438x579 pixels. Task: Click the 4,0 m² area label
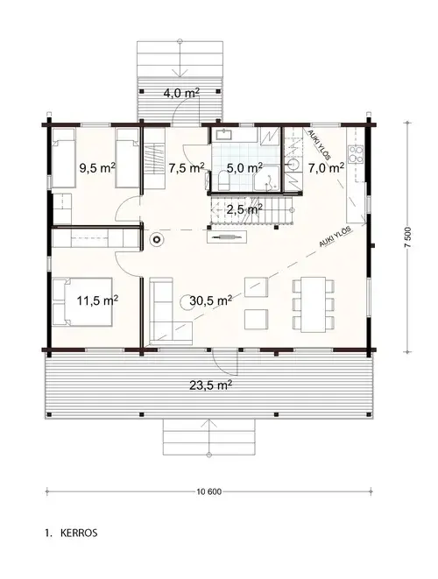coord(180,92)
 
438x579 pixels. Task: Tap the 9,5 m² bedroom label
coord(97,166)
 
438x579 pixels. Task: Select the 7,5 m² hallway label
coord(187,166)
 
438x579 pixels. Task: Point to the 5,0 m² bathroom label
coord(245,166)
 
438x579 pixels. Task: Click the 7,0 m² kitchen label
coord(325,166)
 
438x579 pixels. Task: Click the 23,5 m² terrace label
coord(210,384)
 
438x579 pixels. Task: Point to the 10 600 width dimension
coord(210,491)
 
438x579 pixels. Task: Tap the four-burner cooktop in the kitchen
coord(357,156)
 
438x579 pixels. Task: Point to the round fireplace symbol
coord(159,237)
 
